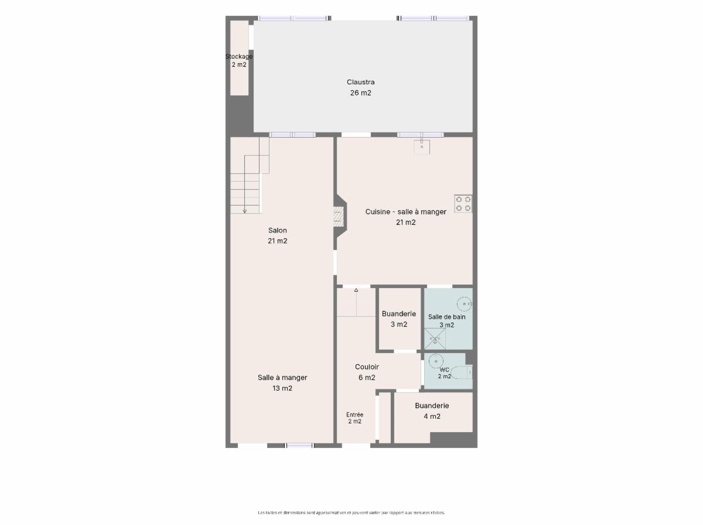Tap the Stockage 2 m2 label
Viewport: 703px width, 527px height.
[239, 60]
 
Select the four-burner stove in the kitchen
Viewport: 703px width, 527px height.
[463, 204]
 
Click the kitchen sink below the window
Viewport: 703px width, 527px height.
[422, 146]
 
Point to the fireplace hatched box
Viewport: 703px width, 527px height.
[339, 217]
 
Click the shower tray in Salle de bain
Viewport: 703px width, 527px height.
[435, 338]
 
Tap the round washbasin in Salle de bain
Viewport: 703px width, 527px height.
[464, 304]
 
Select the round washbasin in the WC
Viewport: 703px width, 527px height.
[436, 361]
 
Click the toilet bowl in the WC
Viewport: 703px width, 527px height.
[461, 372]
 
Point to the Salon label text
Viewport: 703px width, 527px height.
[277, 230]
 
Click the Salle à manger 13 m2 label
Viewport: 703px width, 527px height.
[282, 383]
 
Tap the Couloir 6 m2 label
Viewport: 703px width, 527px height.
[367, 372]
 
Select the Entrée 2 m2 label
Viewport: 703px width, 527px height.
[355, 418]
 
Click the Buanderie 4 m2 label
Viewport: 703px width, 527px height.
[432, 411]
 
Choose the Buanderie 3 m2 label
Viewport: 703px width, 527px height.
[399, 319]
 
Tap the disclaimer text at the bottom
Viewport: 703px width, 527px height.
[351, 512]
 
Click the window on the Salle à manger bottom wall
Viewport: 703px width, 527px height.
[300, 446]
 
